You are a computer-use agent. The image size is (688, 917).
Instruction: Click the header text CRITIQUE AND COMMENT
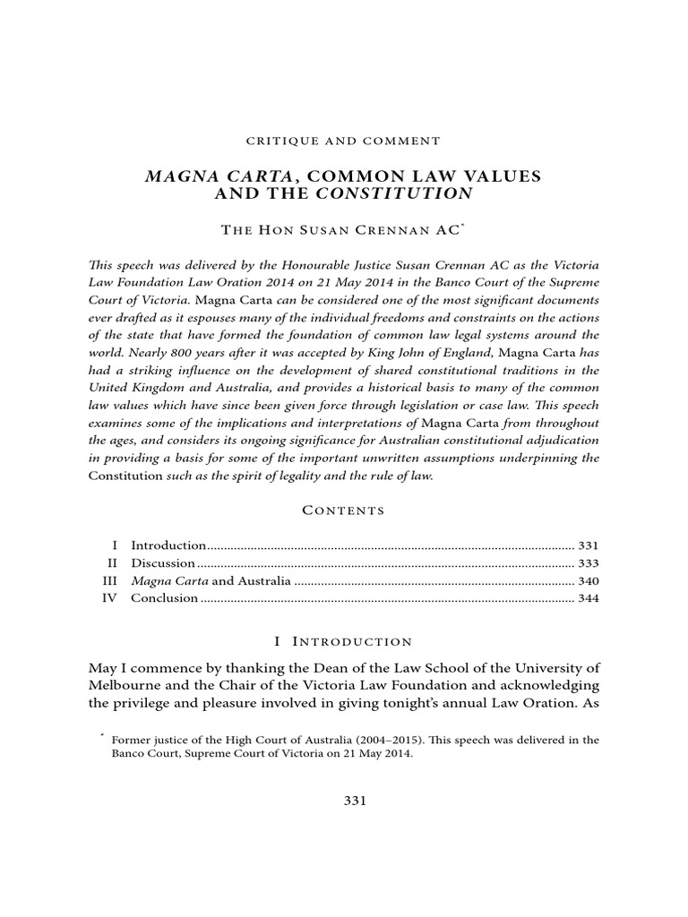click(x=343, y=141)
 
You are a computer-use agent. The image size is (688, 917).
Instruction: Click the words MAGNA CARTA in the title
click(x=196, y=176)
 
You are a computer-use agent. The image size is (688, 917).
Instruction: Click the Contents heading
click(x=343, y=510)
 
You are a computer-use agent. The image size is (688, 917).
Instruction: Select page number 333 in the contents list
click(x=587, y=563)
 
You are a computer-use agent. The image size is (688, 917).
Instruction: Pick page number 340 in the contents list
click(x=587, y=581)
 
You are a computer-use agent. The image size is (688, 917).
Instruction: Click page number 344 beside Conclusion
click(x=587, y=598)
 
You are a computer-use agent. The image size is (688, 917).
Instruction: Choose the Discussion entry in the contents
click(x=163, y=563)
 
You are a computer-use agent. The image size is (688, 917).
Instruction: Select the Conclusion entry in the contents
click(x=164, y=598)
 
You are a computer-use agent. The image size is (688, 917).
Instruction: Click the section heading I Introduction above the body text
click(x=343, y=641)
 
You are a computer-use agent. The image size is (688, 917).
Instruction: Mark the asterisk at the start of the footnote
click(x=104, y=736)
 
